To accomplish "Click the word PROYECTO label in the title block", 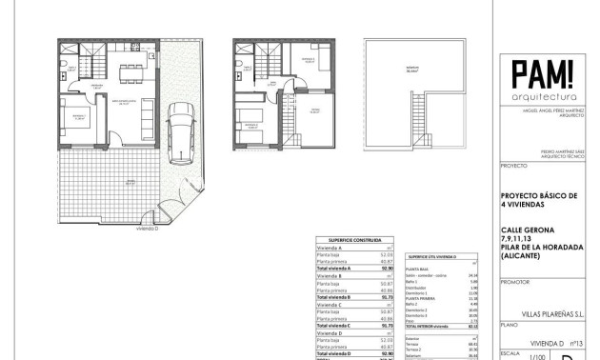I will pos(512,164).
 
